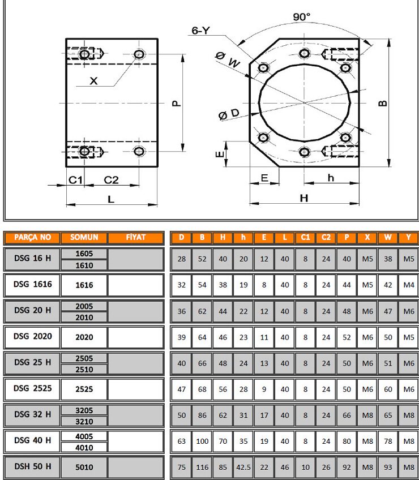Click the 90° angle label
coord(301,16)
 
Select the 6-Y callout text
coord(200,31)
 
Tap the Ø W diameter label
coord(227,59)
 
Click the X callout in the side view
coord(94,80)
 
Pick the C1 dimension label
coord(75,180)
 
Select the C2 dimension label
coord(111,180)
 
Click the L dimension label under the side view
coord(111,199)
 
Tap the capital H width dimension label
coord(304,198)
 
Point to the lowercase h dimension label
coord(331,178)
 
